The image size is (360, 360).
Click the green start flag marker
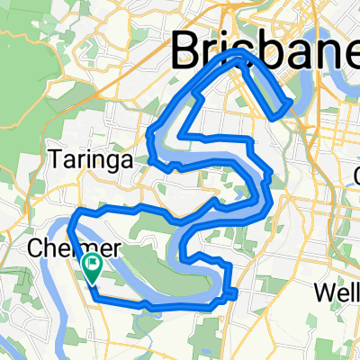(x=92, y=265)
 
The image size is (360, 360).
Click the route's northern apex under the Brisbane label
(x=240, y=53)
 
